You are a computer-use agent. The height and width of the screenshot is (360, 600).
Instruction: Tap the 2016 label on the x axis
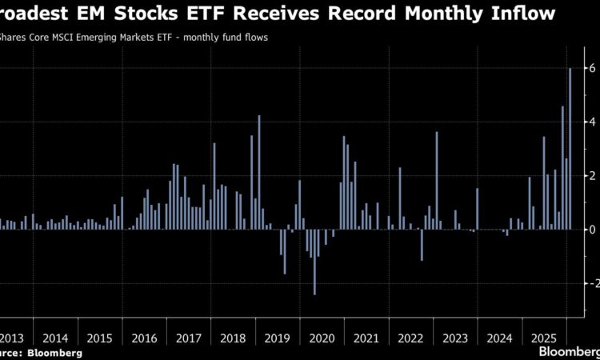coord(145,338)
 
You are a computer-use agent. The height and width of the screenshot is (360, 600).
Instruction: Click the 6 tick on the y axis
coord(591,69)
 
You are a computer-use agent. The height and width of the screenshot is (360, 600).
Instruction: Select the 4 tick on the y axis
coord(591,122)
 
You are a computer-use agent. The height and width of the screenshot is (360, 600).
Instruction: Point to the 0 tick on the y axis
coord(591,230)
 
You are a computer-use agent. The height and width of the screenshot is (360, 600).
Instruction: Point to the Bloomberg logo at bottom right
coord(569,351)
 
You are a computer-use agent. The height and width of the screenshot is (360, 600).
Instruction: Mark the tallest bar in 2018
coord(259,173)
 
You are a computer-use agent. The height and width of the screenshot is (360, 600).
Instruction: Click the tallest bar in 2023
coord(437,181)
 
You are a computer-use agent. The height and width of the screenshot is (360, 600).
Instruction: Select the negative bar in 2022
coord(422,245)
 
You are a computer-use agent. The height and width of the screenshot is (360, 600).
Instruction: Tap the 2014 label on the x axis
coord(55,338)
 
